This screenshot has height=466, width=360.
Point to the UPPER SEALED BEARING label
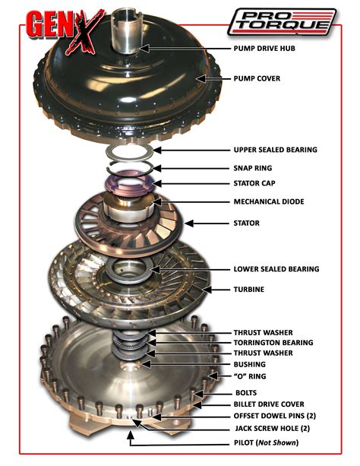pyautogui.click(x=276, y=150)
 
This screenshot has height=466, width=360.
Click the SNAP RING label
pyautogui.click(x=254, y=168)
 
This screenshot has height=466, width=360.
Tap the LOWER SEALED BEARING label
pyautogui.click(x=276, y=269)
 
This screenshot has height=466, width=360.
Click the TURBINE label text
pyautogui.click(x=251, y=290)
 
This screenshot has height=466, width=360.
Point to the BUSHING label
pyautogui.click(x=251, y=364)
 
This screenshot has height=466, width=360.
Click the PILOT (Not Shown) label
pyautogui.click(x=266, y=442)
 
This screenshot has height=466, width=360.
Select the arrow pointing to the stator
pyautogui.click(x=201, y=223)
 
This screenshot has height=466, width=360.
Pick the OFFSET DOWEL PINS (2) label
pyautogui.click(x=274, y=417)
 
